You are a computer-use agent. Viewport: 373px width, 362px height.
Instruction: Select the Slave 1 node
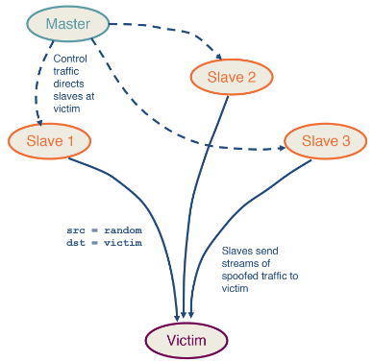(x=49, y=141)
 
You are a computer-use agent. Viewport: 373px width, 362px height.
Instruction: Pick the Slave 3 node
(x=325, y=141)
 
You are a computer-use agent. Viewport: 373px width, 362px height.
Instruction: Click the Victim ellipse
(x=186, y=339)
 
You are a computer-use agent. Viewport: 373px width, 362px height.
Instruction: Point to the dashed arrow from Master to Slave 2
(x=163, y=32)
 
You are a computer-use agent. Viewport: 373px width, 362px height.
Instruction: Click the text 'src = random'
(x=104, y=230)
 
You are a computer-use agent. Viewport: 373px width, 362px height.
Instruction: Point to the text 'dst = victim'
(x=104, y=243)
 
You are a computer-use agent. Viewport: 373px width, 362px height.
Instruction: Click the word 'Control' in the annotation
(x=84, y=59)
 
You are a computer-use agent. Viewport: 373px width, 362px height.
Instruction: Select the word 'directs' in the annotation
(x=83, y=84)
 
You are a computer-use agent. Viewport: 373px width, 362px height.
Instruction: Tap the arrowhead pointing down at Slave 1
(x=37, y=122)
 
